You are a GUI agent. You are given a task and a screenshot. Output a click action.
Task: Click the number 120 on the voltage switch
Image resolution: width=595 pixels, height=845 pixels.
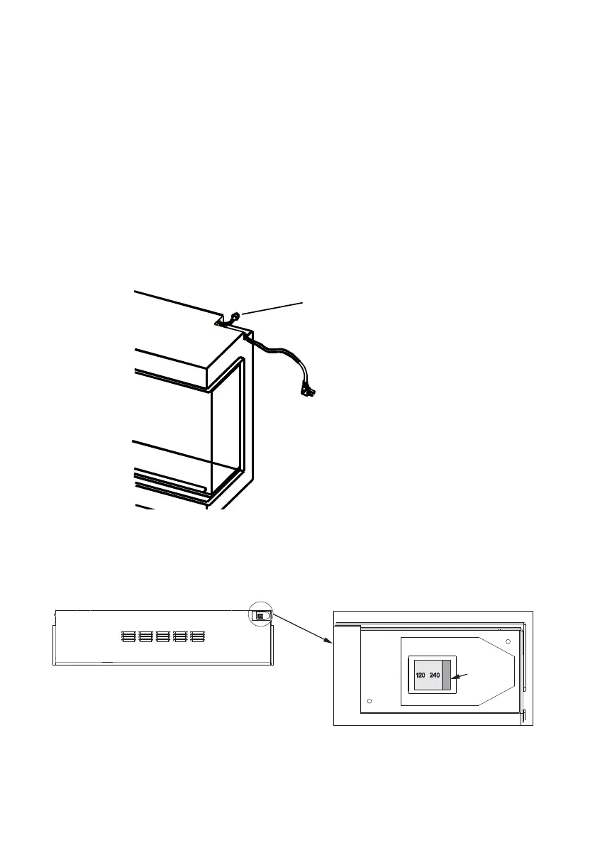coord(420,675)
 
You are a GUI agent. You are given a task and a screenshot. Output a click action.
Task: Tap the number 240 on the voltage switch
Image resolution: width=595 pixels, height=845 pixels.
coord(434,675)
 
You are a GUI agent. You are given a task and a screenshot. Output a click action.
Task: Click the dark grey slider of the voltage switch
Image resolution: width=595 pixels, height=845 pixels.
coord(445,675)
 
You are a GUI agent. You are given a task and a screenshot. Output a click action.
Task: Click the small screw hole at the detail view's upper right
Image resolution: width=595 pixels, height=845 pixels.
coord(508,641)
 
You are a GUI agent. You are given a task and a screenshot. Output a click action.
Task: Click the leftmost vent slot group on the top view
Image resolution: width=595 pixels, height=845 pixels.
coord(128,636)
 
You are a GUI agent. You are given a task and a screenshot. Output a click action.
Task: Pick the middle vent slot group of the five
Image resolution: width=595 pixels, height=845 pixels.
coord(162,636)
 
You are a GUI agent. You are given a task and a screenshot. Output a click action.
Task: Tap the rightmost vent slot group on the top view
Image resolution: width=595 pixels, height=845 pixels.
coord(197,636)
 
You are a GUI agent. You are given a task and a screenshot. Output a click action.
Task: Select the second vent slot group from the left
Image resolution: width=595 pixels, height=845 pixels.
coord(145,636)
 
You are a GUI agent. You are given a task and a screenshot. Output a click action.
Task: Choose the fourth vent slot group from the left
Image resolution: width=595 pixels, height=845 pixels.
coord(180,636)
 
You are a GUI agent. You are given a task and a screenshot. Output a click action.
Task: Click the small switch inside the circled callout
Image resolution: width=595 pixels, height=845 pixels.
coord(260,617)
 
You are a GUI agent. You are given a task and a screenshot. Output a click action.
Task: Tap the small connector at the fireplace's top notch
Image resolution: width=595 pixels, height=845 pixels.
coord(233,317)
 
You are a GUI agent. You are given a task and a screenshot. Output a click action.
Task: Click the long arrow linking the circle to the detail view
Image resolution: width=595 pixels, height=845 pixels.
coord(301,629)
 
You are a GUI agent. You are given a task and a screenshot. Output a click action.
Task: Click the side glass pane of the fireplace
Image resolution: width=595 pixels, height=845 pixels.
coord(227,426)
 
